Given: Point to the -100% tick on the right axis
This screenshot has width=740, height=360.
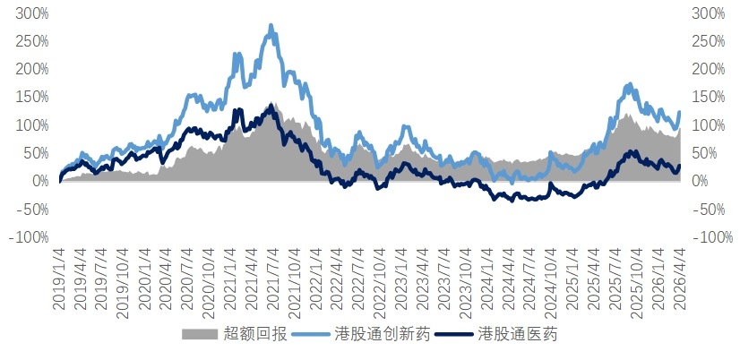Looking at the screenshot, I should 708,237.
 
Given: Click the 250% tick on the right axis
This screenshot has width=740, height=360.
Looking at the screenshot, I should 708,41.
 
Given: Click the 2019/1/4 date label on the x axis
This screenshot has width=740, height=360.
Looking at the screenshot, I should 59,279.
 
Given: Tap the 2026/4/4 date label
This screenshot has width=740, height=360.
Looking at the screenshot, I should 680,279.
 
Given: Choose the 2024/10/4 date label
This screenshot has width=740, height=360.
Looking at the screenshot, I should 552,279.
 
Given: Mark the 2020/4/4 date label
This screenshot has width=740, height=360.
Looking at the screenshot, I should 167,279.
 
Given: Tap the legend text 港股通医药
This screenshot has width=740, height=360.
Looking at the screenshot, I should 518,335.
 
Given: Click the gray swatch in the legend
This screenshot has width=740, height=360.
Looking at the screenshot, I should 199,335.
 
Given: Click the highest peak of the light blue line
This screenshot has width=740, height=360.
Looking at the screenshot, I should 271,26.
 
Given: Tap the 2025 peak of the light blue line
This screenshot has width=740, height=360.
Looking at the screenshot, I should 630,84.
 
